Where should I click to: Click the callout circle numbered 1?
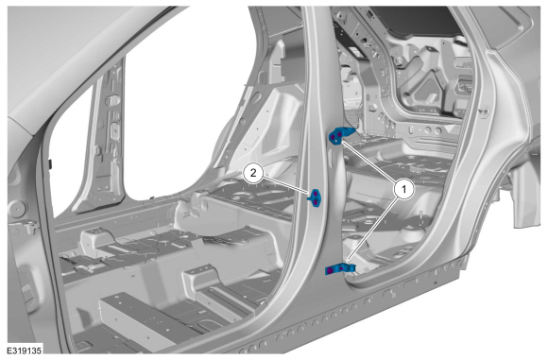click(403, 189)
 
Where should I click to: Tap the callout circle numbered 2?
click(253, 172)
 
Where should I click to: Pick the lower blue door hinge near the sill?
click(340, 268)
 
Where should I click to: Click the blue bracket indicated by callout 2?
click(315, 198)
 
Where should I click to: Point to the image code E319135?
click(25, 351)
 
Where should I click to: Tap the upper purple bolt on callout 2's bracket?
click(316, 194)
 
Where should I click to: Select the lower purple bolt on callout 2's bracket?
click(316, 202)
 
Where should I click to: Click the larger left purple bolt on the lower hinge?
click(331, 270)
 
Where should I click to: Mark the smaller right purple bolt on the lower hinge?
click(341, 268)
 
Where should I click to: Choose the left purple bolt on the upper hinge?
click(333, 137)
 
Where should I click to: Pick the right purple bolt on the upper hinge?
click(340, 134)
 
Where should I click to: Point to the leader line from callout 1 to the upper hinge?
click(369, 163)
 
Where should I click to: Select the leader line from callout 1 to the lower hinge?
click(373, 231)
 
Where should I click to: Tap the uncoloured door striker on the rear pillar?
click(484, 111)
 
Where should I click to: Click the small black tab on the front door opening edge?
click(51, 164)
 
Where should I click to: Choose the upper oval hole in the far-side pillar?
click(112, 100)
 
